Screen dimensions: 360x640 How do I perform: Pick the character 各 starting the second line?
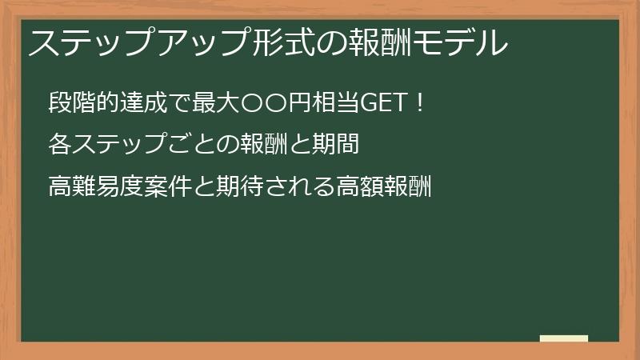click(59, 145)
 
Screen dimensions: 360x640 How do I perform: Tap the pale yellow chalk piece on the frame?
click(563, 338)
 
